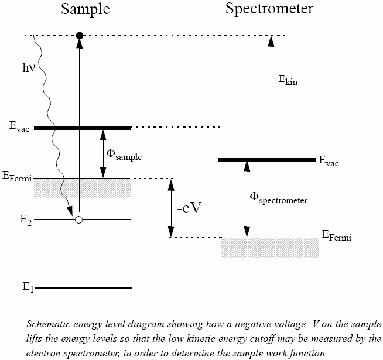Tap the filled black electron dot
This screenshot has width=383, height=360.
pos(80,36)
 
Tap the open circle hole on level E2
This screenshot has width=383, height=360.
pos(79,220)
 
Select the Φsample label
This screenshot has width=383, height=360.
pos(124,155)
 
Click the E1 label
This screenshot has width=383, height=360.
pos(26,287)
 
